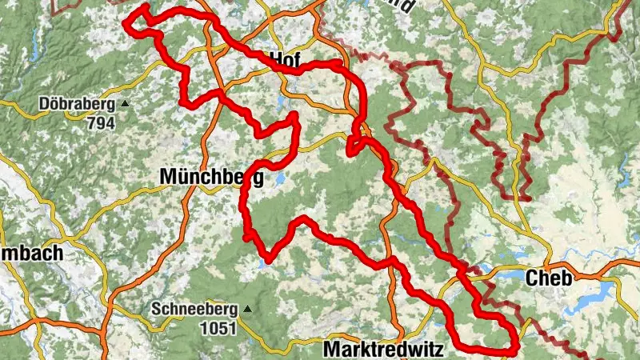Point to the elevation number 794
[x=103, y=123]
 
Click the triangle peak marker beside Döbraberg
[x=126, y=104]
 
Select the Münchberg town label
[x=211, y=176]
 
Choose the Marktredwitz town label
[x=382, y=350]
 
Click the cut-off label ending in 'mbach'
[x=31, y=253]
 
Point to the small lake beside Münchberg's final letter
[x=279, y=181]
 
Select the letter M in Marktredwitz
[x=331, y=350]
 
